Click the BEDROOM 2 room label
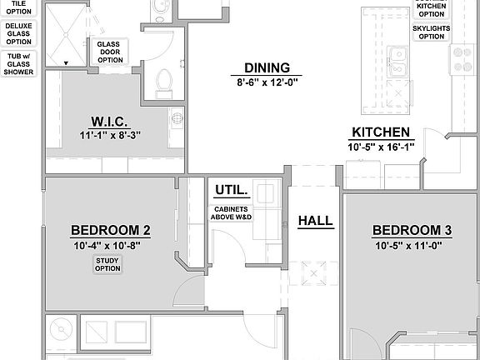pos(110,231)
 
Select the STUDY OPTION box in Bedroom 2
pos(107,264)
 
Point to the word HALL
pos(315,221)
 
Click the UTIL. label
pos(230,189)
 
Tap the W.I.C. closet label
pos(109,121)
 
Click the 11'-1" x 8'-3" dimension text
pos(109,135)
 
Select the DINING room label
pos(267,67)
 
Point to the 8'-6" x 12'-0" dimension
pos(267,82)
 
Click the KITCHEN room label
pos(380,132)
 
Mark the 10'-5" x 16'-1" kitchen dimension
pos(380,146)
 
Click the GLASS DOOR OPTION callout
pos(110,52)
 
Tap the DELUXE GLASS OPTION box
pos(19,32)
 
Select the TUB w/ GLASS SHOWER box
pos(19,65)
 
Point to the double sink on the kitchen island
pos(398,64)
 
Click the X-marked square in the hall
pos(315,272)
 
